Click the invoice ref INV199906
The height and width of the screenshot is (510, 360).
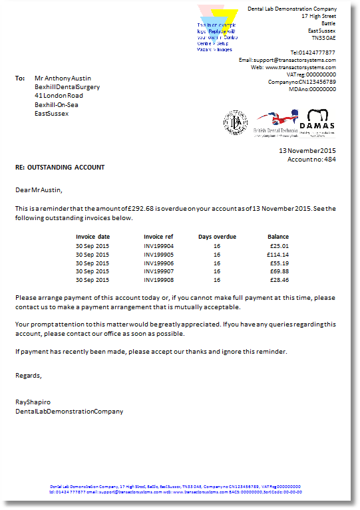pyautogui.click(x=158, y=263)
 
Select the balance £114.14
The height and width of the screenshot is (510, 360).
pyautogui.click(x=278, y=254)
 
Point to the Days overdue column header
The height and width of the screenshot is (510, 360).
pyautogui.click(x=217, y=237)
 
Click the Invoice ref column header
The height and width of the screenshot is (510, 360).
pyautogui.click(x=158, y=237)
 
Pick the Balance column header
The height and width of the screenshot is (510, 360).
pyautogui.click(x=278, y=237)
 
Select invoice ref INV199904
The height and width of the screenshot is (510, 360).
pyautogui.click(x=158, y=245)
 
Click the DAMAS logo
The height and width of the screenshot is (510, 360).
pyautogui.click(x=316, y=122)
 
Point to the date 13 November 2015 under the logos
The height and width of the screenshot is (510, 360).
pyautogui.click(x=307, y=151)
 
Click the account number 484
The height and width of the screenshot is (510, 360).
pyautogui.click(x=330, y=160)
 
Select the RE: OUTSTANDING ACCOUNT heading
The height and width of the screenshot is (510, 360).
pyautogui.click(x=60, y=168)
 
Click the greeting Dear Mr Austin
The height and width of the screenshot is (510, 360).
pyautogui.click(x=39, y=190)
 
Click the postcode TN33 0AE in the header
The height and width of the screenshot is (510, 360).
pyautogui.click(x=322, y=39)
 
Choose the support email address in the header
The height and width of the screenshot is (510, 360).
pyautogui.click(x=299, y=60)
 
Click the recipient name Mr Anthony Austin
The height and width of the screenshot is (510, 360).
pyautogui.click(x=63, y=78)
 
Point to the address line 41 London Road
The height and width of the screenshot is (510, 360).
pyautogui.click(x=59, y=96)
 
